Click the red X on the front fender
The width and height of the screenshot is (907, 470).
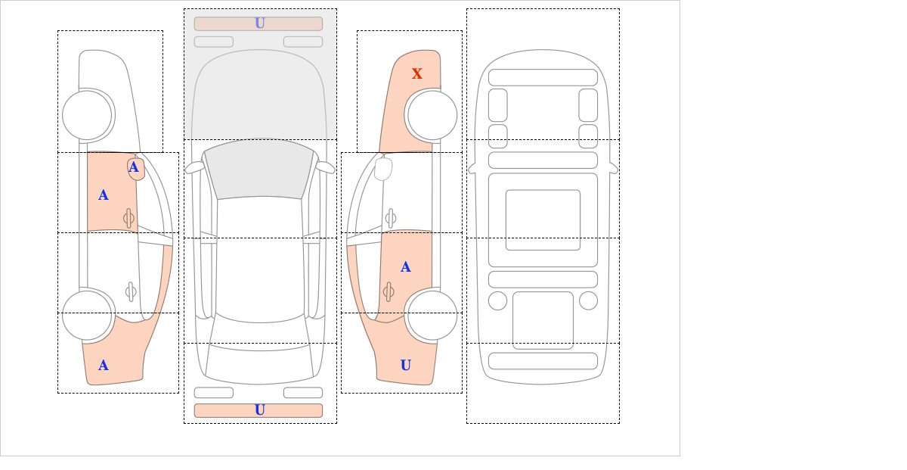point(416,74)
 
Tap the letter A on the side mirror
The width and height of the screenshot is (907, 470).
point(134,167)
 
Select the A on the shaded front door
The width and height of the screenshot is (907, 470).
point(104,195)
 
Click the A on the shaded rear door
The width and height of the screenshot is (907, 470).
point(405,267)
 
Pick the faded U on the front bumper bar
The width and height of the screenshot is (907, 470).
point(260,23)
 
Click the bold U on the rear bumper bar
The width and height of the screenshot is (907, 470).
point(260,410)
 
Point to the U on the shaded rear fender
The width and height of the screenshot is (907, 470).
point(406,366)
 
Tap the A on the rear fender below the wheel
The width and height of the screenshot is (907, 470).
point(104,366)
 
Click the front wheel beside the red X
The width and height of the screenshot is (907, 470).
point(432,116)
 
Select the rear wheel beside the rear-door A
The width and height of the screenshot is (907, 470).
point(432,315)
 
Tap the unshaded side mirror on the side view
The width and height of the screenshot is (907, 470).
point(383,169)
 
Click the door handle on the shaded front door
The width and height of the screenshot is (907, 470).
point(128,219)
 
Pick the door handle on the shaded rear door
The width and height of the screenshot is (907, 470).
point(388,292)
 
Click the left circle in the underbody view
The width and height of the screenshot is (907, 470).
point(497,301)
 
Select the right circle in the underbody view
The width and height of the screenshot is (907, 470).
point(588,301)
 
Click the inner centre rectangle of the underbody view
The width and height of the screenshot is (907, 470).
point(543,220)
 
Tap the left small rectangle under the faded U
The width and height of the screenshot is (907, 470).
point(214,42)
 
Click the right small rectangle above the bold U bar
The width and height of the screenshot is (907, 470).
point(303,393)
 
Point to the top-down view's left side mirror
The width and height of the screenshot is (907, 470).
point(194,167)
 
